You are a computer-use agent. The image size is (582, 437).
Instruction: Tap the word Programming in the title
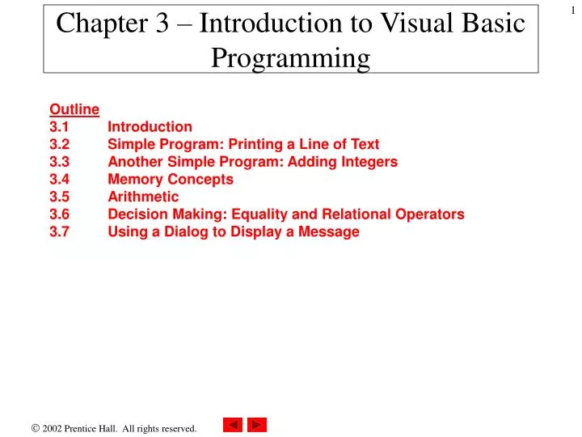pos(290,58)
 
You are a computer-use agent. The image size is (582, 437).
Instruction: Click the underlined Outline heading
pos(74,109)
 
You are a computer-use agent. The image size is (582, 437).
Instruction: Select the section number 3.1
pos(59,126)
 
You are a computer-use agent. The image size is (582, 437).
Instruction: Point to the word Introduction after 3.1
pos(150,126)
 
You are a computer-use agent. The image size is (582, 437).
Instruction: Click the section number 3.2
pos(59,144)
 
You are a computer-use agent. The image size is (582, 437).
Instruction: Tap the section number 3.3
pos(59,162)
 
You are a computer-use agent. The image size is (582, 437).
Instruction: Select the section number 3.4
pos(59,179)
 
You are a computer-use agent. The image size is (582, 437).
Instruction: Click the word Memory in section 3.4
pos(135,179)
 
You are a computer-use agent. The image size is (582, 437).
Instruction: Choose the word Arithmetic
pos(143,197)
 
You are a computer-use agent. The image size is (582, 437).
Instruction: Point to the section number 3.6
pos(59,214)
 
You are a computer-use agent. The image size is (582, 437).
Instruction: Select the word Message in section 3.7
pos(330,232)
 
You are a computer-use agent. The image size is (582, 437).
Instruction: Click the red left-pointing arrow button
pos(233,425)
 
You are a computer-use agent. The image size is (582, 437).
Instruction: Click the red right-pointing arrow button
pos(257,425)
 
